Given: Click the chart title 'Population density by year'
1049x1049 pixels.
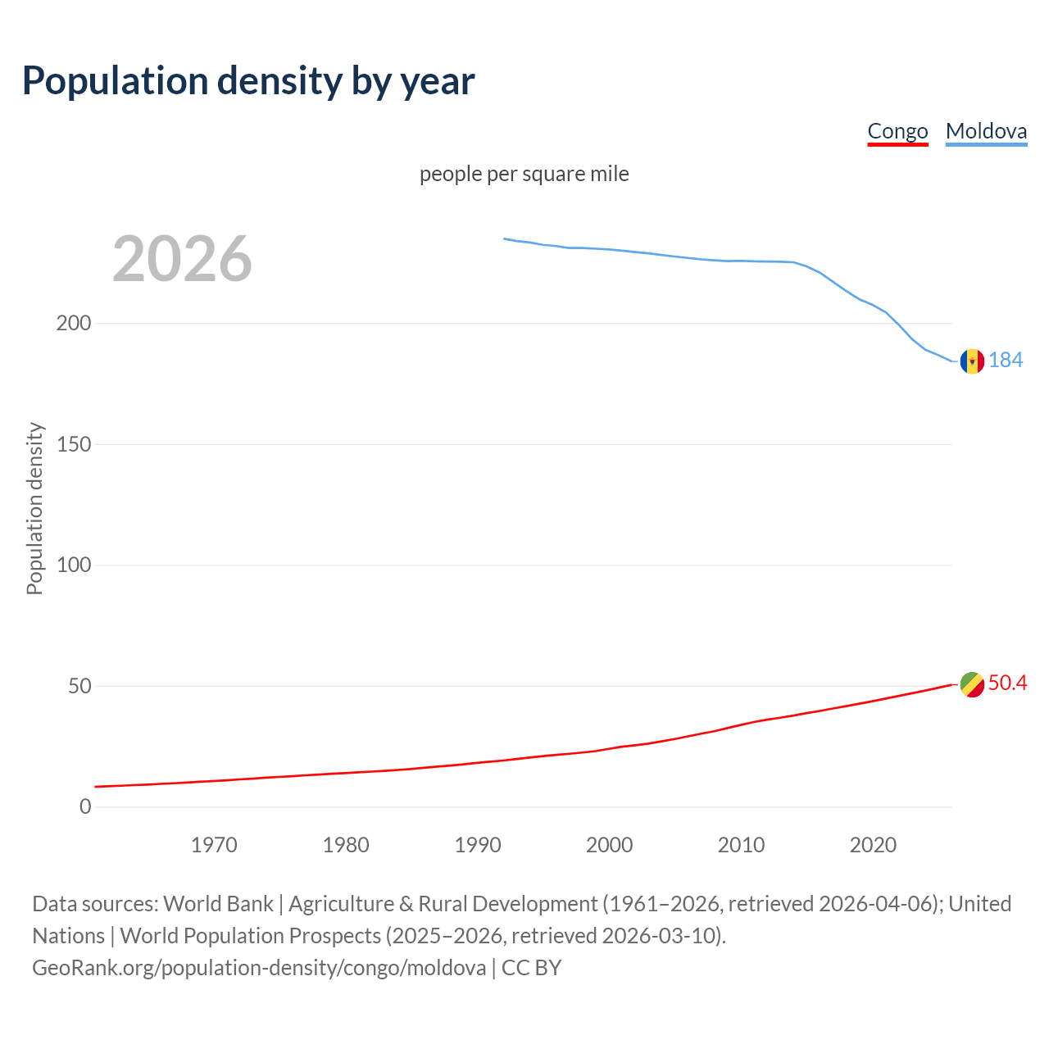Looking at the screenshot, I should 248,80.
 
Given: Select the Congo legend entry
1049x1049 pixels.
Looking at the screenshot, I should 897,131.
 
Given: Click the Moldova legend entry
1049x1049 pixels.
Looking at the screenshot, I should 986,131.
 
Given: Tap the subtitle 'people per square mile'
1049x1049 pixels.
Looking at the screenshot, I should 524,174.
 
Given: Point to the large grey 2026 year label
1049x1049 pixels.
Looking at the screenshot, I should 182,259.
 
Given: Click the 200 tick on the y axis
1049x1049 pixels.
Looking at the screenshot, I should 74,323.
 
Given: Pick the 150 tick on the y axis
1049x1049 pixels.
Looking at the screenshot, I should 74,444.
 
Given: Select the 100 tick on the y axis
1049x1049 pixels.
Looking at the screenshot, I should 74,565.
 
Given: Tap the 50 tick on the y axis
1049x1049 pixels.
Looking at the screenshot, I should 79,686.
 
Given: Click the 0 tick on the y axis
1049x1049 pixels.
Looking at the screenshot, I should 85,806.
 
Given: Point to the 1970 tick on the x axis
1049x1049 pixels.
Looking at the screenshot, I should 214,845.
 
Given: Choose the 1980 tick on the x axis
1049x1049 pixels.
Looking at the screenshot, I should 346,845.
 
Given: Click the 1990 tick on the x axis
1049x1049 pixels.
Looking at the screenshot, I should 478,845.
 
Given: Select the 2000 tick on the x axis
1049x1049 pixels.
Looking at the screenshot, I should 610,845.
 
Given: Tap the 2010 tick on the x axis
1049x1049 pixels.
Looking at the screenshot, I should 741,845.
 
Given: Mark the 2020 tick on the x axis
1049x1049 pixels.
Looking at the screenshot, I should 873,845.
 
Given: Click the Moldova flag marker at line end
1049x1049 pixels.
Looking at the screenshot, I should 972,361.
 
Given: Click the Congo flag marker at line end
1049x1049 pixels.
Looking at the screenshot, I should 972,684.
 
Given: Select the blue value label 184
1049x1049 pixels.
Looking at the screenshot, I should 1006,360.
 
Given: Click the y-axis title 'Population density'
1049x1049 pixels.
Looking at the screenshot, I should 34,508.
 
